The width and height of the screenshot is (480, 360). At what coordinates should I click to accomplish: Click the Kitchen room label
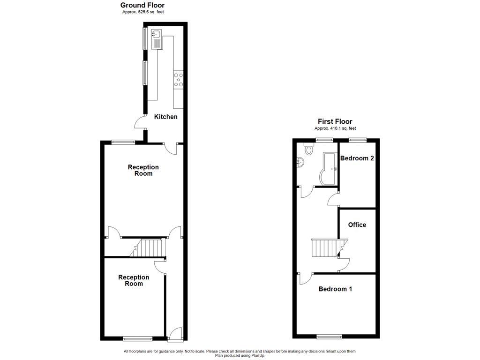166,116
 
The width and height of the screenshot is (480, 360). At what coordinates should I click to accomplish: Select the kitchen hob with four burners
179,81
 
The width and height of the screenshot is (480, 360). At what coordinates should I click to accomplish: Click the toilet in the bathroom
308,149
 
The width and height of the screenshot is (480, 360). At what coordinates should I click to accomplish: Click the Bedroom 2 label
357,158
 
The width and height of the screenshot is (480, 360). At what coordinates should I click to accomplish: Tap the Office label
357,225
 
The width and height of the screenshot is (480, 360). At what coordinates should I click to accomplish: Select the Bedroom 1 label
335,289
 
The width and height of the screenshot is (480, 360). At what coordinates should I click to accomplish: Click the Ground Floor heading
142,5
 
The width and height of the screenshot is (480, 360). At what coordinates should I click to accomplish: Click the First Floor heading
335,121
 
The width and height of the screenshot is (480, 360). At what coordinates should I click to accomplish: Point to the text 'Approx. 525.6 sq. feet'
142,12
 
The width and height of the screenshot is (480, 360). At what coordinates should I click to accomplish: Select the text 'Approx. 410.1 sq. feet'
335,128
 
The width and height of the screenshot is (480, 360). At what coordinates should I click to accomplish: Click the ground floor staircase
151,247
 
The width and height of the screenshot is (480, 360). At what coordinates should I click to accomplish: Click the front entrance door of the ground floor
175,334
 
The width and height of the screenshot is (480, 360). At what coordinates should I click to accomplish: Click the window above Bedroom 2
358,139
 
